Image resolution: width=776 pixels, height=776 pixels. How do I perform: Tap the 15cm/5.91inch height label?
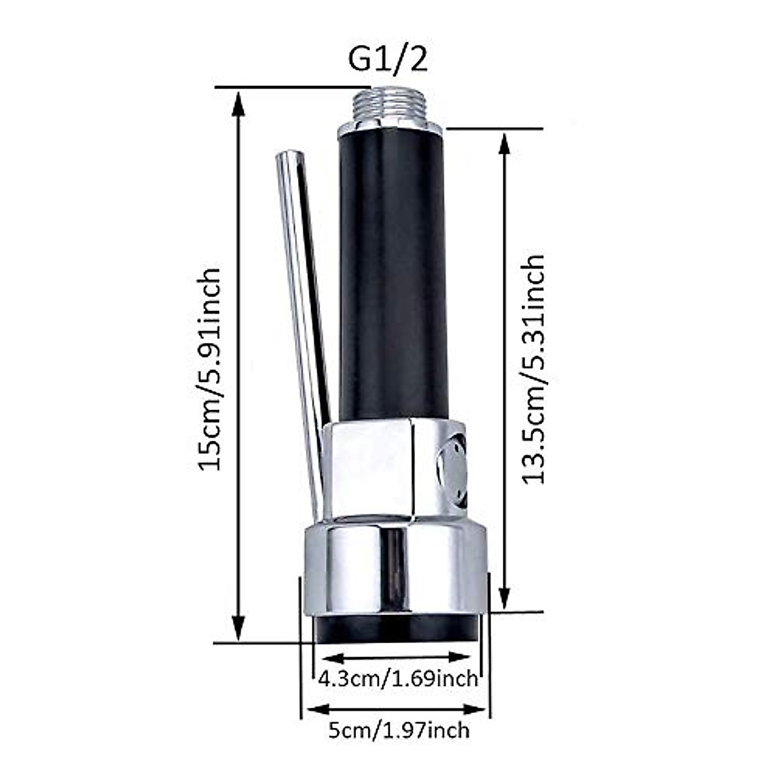tap(210, 369)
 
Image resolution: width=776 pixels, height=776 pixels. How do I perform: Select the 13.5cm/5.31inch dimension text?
tap(534, 369)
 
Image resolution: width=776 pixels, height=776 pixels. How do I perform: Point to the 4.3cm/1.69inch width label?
tap(398, 679)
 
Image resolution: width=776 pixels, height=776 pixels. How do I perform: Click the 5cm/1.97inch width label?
tap(398, 731)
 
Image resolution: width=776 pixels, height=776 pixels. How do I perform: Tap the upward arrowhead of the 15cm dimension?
tap(239, 103)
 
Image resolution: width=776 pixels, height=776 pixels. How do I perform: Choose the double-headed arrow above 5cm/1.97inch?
tap(396, 708)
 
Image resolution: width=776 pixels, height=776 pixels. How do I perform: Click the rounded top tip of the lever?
tap(288, 159)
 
